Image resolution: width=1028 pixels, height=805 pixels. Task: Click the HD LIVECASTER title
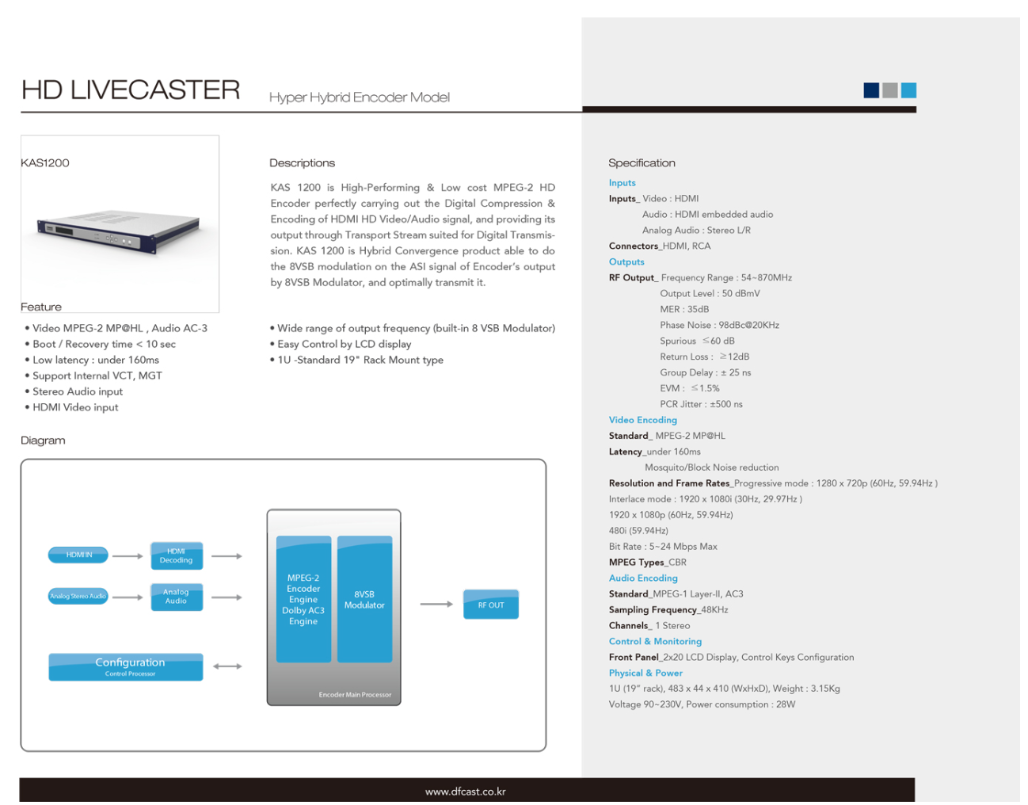(x=131, y=90)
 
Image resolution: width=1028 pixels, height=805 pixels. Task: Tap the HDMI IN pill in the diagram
(x=78, y=555)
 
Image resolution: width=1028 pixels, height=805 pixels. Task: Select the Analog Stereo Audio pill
(x=78, y=596)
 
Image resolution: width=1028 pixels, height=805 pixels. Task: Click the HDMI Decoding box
(x=177, y=555)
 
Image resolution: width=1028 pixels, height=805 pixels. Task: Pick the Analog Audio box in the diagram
(x=177, y=597)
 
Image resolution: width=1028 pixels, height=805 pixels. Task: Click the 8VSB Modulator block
(x=364, y=599)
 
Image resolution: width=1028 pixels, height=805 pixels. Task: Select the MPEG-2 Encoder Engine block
(x=303, y=599)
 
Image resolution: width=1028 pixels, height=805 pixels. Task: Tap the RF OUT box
(x=491, y=605)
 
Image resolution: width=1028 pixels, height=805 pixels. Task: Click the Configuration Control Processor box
(x=126, y=666)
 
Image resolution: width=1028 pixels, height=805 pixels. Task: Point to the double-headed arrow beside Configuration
(x=227, y=666)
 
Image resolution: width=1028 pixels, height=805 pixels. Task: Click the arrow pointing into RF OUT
(x=436, y=605)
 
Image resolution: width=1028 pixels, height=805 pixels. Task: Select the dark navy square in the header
(x=871, y=90)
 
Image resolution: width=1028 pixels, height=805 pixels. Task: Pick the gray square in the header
(x=890, y=90)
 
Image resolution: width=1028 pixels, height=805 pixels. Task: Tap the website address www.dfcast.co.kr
(x=466, y=792)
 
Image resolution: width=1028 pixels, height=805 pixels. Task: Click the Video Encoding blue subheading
(x=642, y=420)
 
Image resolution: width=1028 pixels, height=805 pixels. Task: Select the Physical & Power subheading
(x=645, y=673)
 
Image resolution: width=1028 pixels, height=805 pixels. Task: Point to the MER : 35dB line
(x=684, y=309)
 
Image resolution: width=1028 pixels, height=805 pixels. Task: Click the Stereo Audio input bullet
(x=78, y=391)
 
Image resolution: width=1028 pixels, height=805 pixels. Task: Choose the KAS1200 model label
(x=45, y=163)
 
